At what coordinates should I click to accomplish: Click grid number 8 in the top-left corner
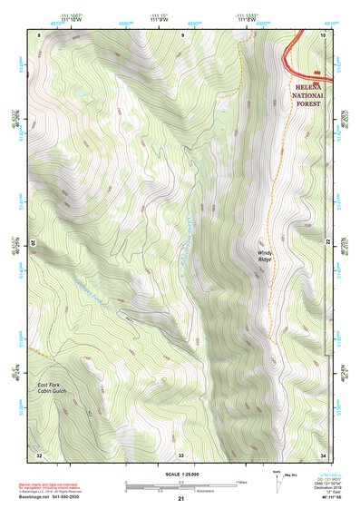(40, 34)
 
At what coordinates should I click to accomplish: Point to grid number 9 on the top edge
(181, 34)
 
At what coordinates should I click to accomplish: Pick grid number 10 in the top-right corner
(323, 34)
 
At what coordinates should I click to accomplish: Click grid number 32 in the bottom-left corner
(39, 453)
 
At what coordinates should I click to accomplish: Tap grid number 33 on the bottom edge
(181, 453)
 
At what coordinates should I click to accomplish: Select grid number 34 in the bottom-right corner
(323, 453)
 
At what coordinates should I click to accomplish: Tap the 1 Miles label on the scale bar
(241, 481)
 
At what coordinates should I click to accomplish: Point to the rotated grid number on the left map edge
(34, 243)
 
